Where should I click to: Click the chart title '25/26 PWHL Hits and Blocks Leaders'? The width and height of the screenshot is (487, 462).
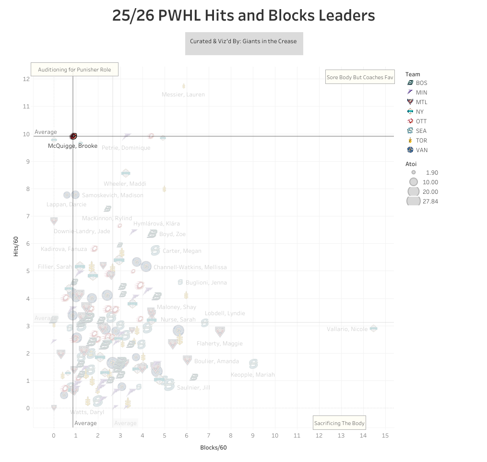coord(243,16)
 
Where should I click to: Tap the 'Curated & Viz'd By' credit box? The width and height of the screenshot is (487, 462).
coord(244,41)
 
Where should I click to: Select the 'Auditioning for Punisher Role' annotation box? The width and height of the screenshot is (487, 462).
coord(74,70)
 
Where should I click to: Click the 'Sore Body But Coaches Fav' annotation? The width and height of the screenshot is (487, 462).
coord(360,77)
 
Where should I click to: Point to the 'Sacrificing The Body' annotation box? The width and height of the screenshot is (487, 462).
coord(339,423)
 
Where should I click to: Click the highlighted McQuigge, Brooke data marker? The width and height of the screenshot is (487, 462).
coord(73,136)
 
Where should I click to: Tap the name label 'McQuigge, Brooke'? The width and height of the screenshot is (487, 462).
coord(72,146)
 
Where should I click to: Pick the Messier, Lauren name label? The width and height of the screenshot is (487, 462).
coord(183,95)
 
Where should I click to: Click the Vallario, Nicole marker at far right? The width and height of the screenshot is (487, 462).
coord(374,329)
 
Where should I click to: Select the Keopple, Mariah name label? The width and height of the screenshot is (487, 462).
coord(253,375)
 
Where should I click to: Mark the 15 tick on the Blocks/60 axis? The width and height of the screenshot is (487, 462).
coord(385,436)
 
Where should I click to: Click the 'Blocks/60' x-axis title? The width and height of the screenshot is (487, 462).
coord(213,448)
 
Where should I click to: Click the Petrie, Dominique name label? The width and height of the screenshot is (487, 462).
coord(126,148)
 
